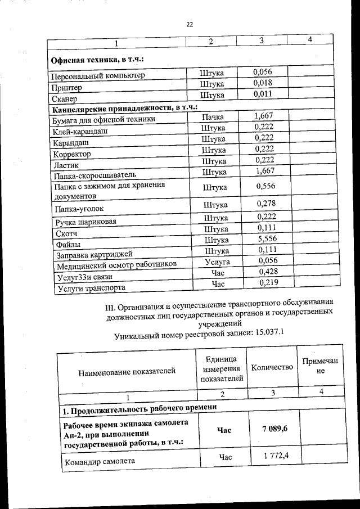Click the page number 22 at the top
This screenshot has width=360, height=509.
pos(189,24)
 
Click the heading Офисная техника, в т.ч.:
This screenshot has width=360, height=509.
pos(98,60)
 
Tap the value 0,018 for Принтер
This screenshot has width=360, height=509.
pos(263,83)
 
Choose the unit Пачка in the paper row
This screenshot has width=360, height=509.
pos(213,117)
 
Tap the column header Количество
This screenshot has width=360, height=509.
pos(272,367)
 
